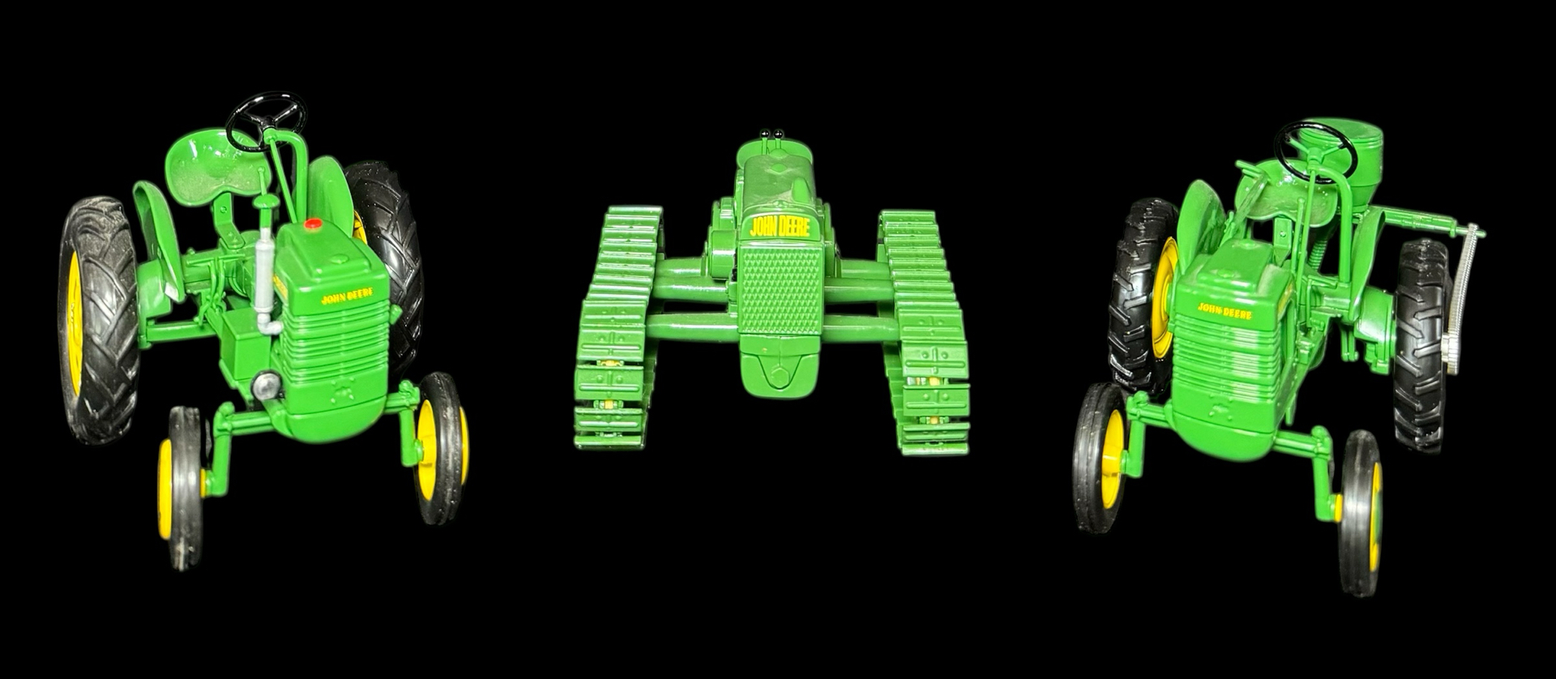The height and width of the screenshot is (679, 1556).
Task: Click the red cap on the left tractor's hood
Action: point(314,223)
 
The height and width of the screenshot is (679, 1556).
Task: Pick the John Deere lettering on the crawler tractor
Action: point(779,226)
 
